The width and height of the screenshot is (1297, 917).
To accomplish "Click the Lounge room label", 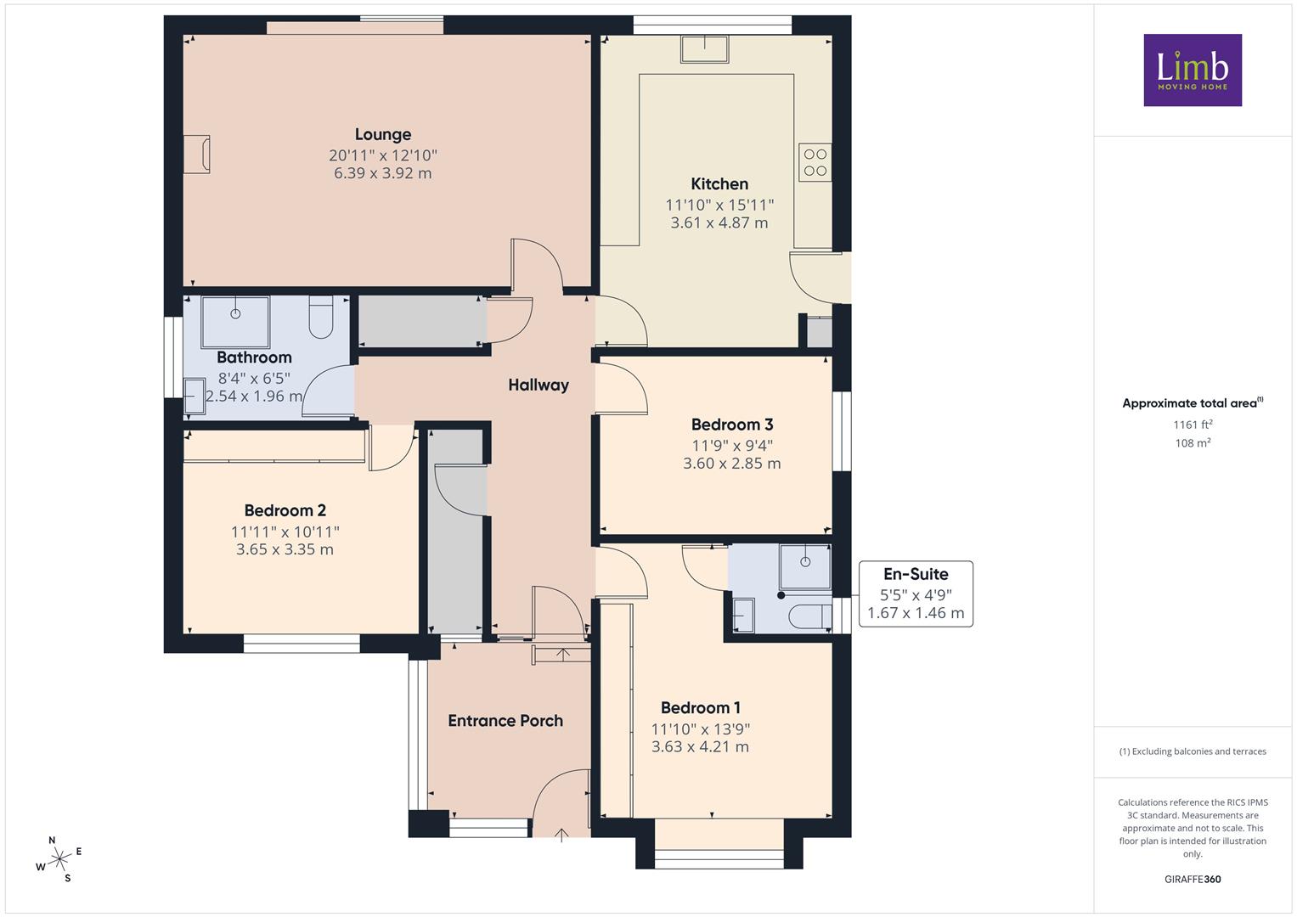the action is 383,134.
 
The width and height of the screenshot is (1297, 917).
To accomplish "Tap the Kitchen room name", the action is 719,184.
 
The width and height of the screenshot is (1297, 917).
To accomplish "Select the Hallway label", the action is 539,385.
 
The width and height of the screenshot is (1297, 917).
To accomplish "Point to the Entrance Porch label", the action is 505,720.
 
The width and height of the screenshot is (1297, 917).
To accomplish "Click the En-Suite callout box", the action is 916,594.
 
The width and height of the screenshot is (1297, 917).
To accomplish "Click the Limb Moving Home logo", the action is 1193,70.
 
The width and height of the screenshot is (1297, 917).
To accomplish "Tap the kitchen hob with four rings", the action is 815,163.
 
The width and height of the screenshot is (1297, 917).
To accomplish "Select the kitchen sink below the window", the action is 705,48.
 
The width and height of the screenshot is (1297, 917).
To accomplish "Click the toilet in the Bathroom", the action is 321,317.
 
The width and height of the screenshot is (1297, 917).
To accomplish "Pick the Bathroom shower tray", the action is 235,322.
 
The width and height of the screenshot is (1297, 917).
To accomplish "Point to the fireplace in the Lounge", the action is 197,154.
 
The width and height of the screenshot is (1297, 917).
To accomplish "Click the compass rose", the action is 59,859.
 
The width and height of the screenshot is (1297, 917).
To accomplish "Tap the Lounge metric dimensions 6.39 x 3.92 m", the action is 383,173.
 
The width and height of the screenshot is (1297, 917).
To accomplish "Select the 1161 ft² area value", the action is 1193,425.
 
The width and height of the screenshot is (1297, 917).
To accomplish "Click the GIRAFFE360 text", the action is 1193,879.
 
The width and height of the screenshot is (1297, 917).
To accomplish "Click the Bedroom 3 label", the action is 732,425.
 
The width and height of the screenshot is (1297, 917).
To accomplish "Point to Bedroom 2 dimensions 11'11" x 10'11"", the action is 285,532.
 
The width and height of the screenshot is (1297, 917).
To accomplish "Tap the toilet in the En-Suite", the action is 810,617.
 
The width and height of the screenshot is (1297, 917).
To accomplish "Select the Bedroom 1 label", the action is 700,707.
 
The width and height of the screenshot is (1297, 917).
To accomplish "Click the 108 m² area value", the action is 1193,443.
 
